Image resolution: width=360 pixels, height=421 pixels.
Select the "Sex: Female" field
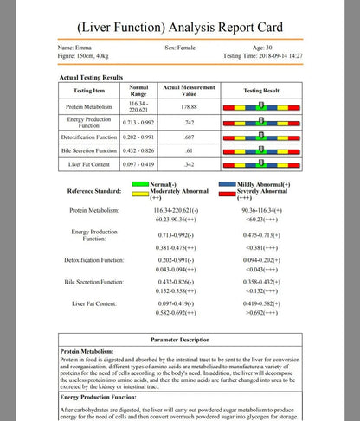(181, 47)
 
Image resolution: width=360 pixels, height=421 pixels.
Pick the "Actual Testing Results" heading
(90, 78)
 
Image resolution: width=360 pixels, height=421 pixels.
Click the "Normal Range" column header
(138, 90)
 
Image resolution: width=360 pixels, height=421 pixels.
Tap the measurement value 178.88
(189, 106)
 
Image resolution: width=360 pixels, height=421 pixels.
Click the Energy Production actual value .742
(189, 122)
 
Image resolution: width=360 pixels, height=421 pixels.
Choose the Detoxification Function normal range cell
(138, 137)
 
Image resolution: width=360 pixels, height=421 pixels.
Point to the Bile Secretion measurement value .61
(189, 150)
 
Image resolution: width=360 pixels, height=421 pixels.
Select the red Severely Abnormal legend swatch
(229, 191)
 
